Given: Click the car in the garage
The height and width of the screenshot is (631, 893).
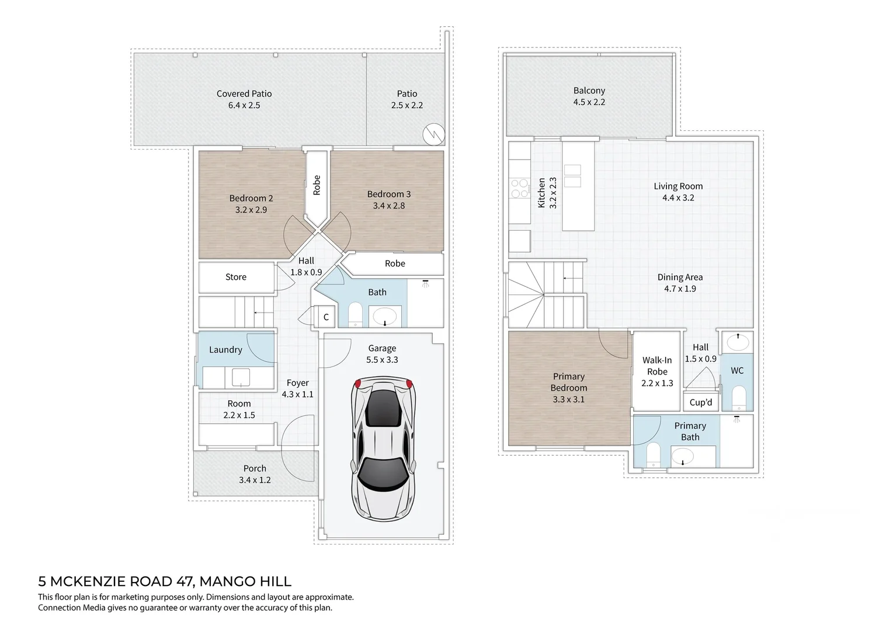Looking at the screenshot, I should click(x=383, y=447).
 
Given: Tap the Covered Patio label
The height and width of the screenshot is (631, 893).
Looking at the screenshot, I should click(x=244, y=93).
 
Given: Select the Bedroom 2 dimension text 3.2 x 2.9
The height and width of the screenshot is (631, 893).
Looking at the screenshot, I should click(x=251, y=210).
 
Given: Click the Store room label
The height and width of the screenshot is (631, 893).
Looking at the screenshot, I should click(x=236, y=277).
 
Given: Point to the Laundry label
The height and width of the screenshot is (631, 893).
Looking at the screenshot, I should click(x=225, y=350).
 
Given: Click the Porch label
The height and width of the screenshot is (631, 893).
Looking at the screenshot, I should click(x=255, y=469).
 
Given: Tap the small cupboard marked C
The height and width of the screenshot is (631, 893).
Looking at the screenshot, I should click(x=326, y=317).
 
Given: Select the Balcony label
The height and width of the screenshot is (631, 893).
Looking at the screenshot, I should click(x=589, y=91).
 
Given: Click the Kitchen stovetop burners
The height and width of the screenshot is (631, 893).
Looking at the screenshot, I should click(x=517, y=189).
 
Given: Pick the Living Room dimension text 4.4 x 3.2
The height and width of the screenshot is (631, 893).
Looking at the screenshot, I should click(x=678, y=198).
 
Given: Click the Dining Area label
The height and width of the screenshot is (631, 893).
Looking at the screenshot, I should click(x=680, y=278).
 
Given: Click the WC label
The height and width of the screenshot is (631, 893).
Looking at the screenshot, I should click(x=737, y=370).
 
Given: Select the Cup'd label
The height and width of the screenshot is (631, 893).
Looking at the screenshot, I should click(x=701, y=402).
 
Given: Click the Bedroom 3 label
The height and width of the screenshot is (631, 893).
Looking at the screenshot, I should click(x=389, y=194).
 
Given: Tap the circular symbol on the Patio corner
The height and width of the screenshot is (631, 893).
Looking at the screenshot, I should click(x=433, y=134).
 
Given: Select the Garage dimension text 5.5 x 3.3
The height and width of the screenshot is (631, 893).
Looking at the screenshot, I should click(x=382, y=360).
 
